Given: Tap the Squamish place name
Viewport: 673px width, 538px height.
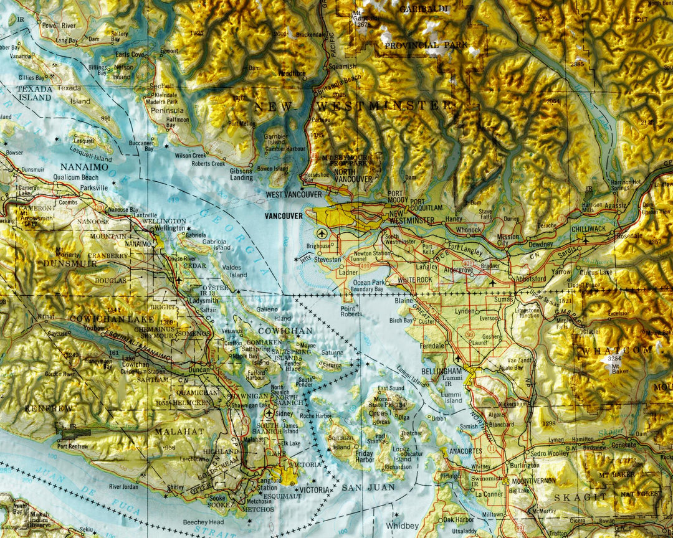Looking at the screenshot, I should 343,66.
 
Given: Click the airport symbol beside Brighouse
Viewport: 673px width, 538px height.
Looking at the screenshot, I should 322,234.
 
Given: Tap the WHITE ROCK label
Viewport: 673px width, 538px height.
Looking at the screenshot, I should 415,280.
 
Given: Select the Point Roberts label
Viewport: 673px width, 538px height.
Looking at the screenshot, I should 351,311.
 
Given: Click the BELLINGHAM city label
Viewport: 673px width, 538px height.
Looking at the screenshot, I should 441,371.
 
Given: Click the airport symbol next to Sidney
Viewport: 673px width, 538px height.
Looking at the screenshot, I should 269,412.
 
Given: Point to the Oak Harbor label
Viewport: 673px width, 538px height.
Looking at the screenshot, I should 458,519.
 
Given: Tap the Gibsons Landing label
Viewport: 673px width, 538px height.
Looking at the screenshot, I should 241,174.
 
